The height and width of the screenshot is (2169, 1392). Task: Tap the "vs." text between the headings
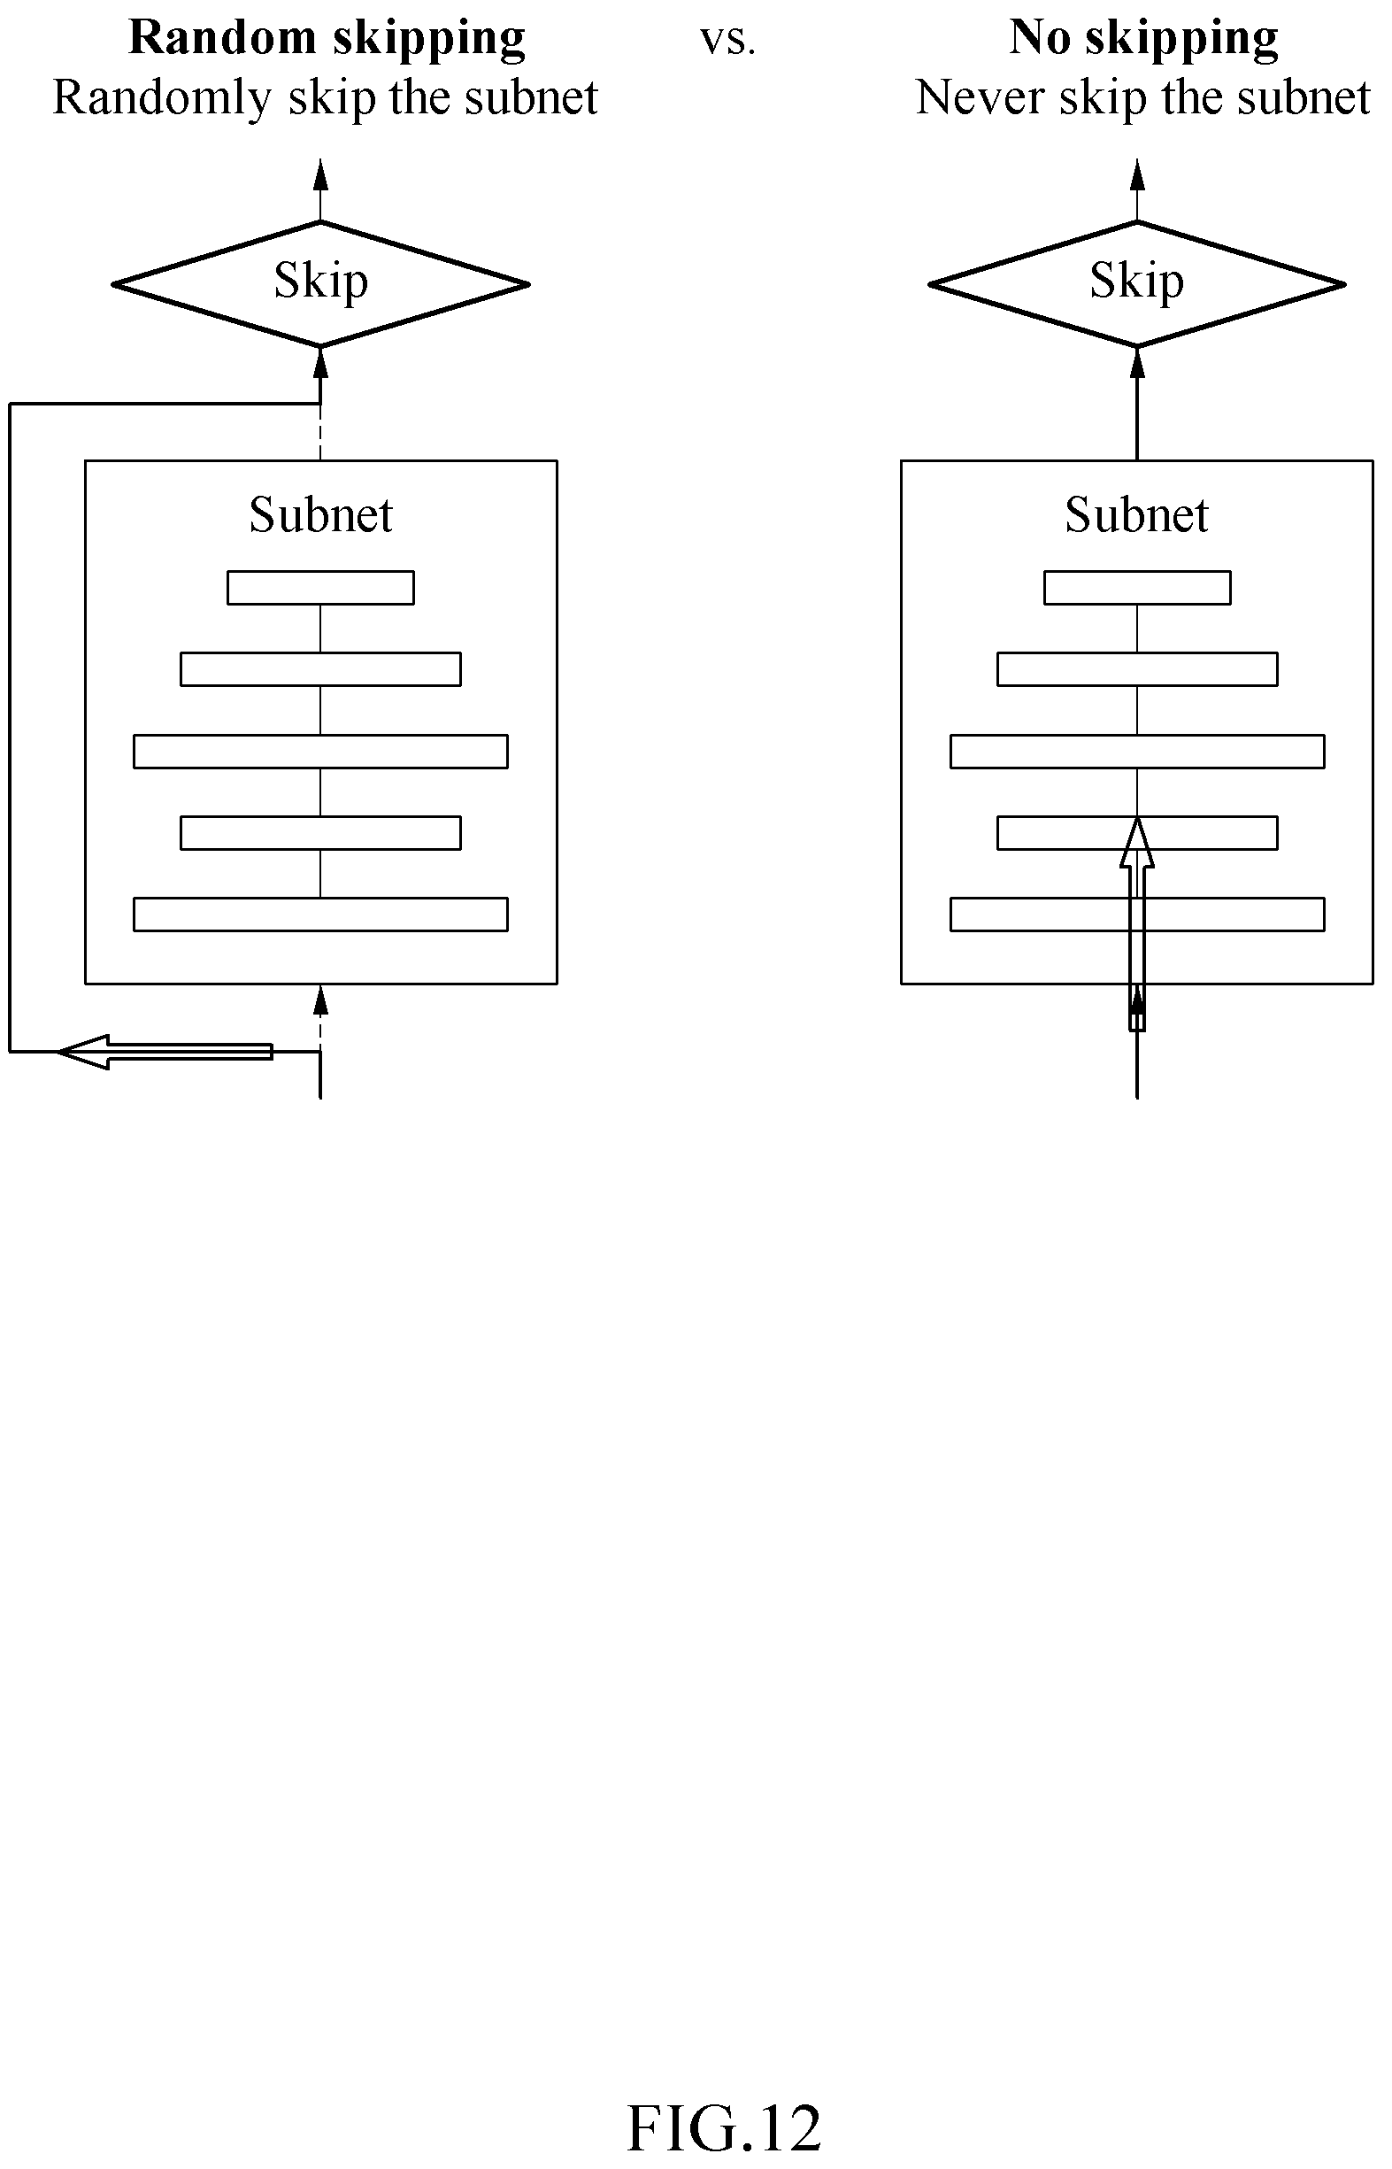727,42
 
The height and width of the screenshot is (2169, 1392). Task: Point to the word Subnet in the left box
321,514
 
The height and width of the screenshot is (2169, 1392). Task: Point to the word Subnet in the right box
1137,514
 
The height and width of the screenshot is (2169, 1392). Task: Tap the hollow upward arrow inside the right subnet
1137,923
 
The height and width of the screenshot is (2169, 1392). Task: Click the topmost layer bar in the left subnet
321,588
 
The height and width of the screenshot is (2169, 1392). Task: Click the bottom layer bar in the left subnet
321,914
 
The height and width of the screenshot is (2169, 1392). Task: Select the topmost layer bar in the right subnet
1137,588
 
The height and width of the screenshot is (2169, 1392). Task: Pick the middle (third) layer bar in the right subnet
1137,752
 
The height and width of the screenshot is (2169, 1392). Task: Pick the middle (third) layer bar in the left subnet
321,752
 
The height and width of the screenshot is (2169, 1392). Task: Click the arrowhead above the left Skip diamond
321,174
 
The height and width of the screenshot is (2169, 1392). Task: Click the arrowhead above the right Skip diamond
1137,174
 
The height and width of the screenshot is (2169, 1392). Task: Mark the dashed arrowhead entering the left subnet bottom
321,1001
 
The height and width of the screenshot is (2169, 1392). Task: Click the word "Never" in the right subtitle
981,97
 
